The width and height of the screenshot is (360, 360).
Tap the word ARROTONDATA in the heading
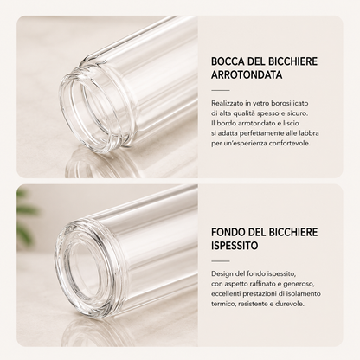247,74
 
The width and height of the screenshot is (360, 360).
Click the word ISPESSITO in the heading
235,246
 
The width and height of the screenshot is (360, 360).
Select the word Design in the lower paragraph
221,273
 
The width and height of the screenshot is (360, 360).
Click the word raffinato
262,284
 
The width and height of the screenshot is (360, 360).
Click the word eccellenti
226,294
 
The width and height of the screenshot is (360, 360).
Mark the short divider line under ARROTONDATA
221,90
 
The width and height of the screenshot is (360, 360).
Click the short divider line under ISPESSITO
221,261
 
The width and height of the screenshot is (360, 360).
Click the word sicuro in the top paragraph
299,113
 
